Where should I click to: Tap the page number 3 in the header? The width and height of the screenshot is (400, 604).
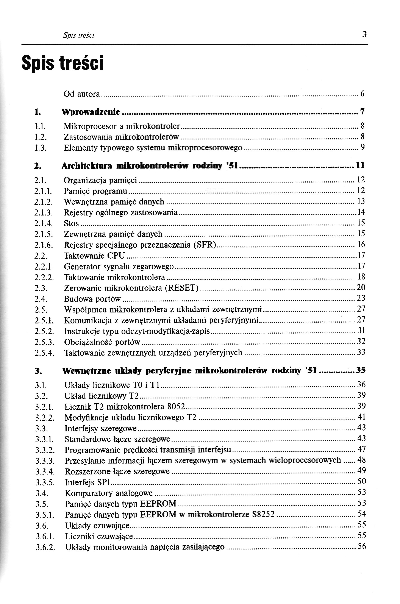tap(364, 34)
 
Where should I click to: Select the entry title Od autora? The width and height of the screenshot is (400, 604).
tap(82, 94)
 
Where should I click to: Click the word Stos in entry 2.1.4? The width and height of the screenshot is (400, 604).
tap(71, 223)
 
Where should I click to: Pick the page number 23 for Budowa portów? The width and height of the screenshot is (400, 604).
tap(361, 298)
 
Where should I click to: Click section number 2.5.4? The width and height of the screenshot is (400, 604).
tap(44, 353)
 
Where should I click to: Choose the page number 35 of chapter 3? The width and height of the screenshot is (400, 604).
tap(361, 370)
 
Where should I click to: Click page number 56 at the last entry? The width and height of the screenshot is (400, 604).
tap(361, 546)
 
